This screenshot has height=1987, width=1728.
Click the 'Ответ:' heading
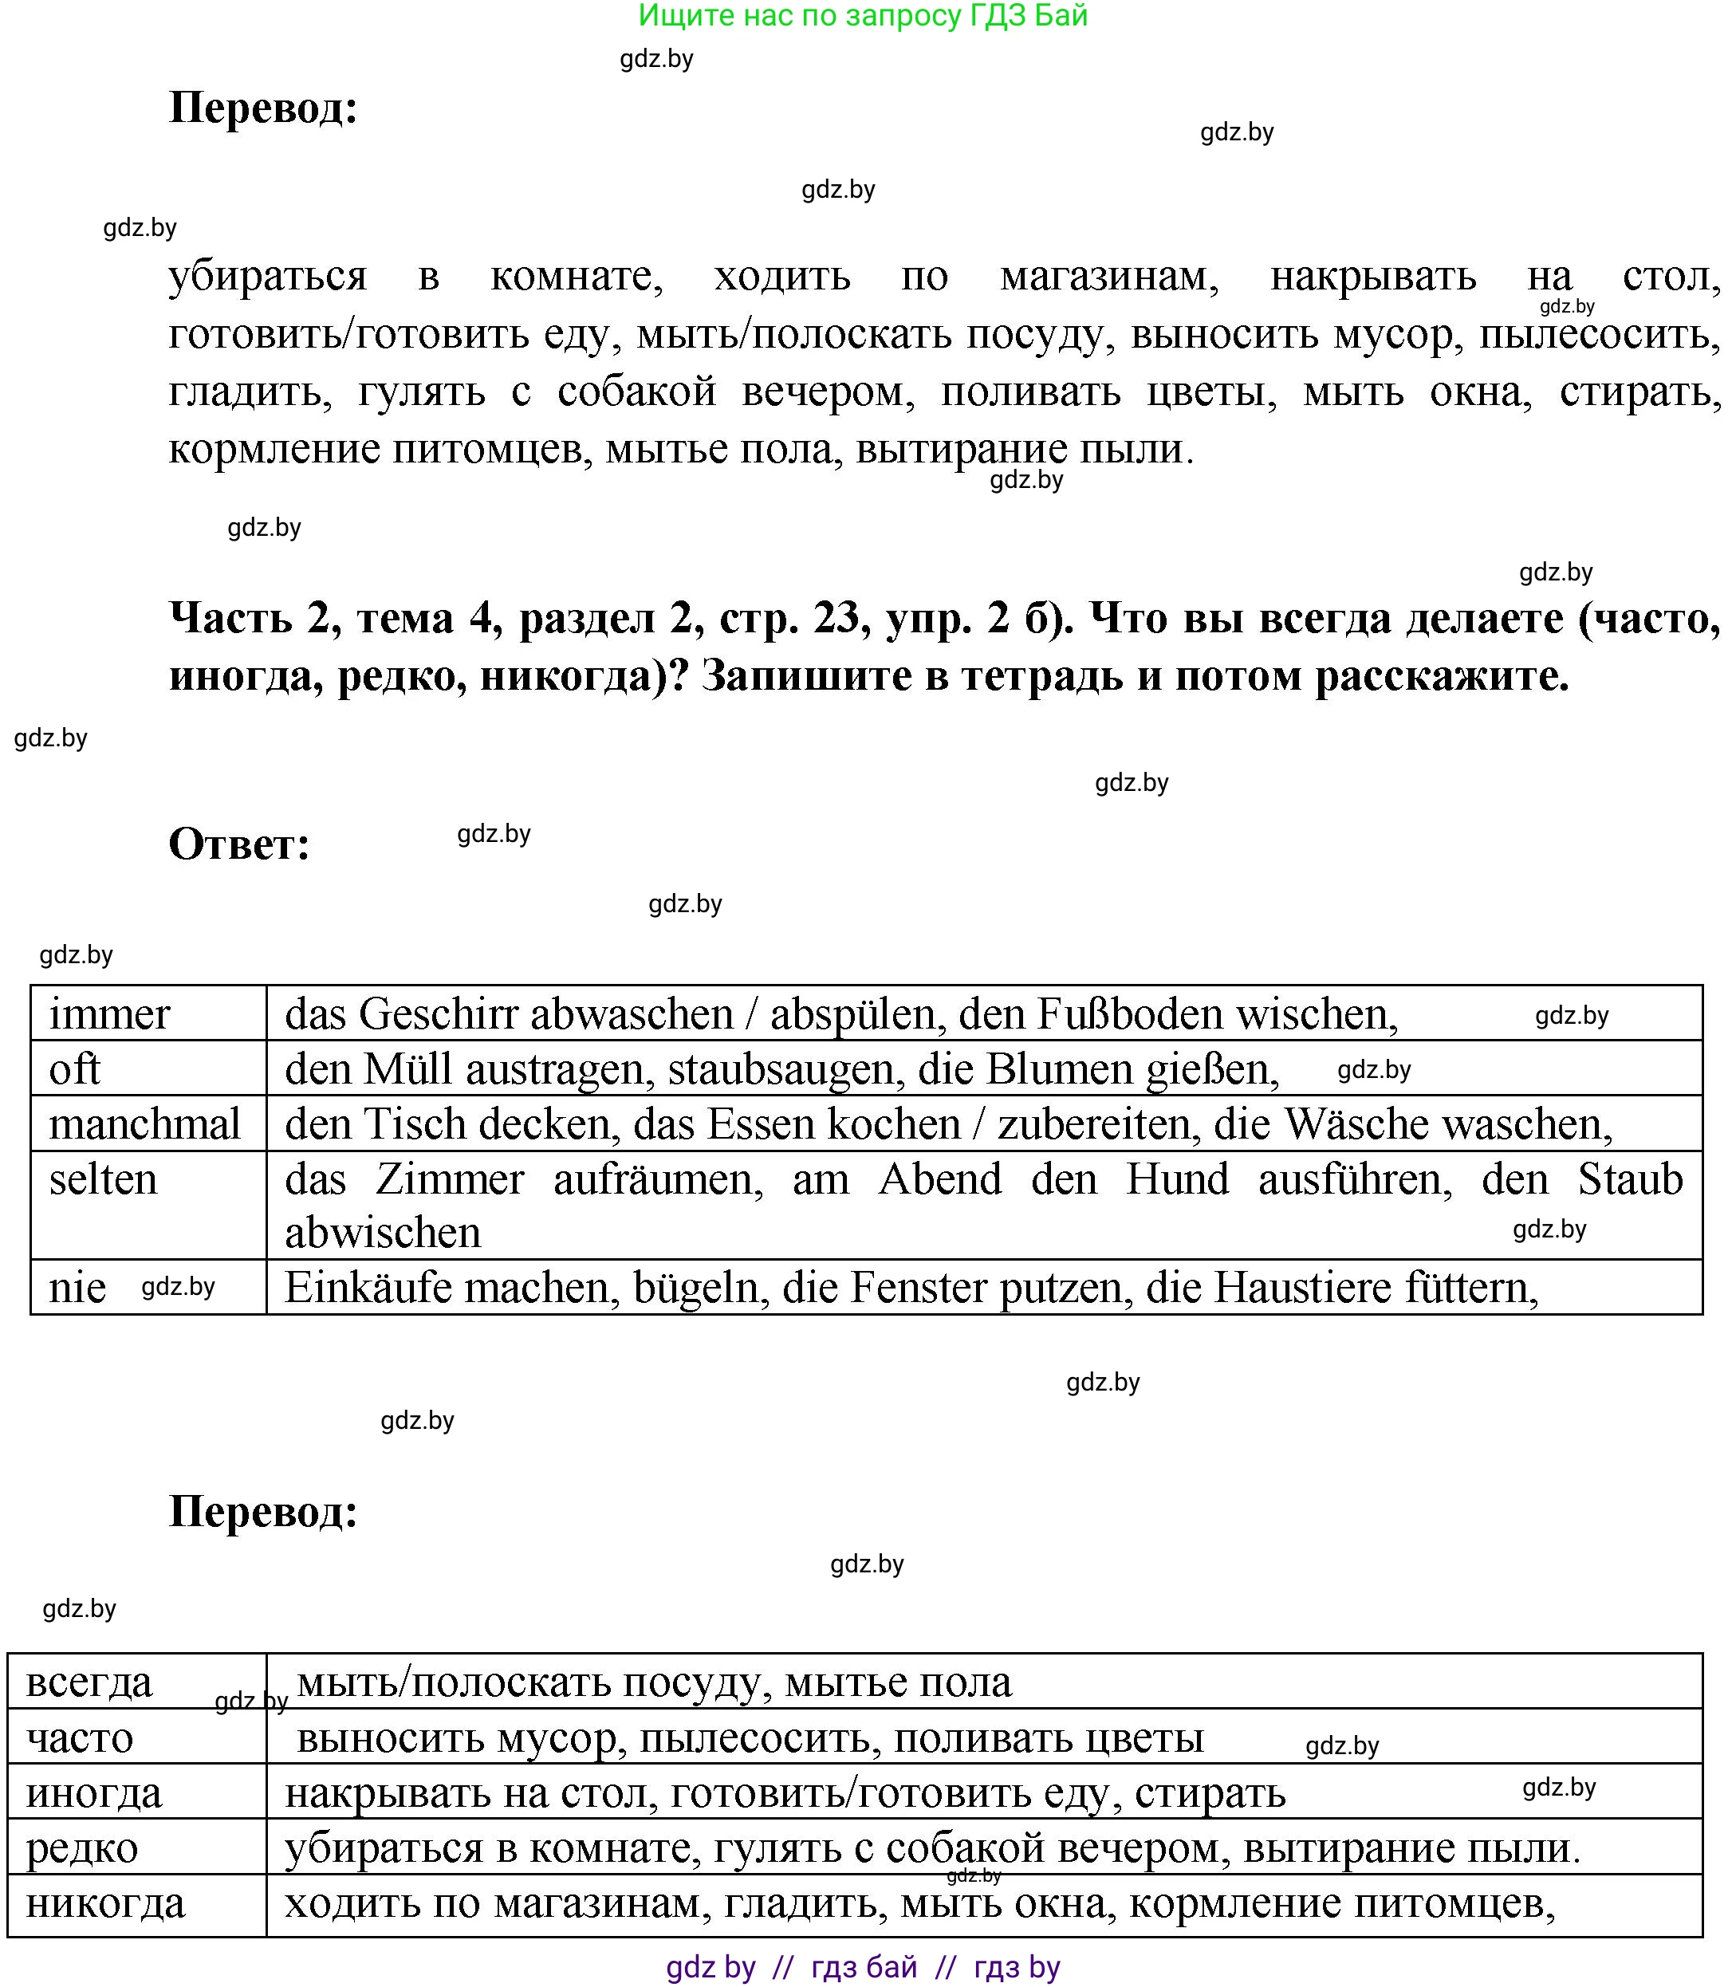239,844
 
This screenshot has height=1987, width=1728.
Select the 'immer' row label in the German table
109,1014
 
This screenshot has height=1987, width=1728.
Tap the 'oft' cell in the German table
74,1069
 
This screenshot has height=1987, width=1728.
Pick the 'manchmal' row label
144,1124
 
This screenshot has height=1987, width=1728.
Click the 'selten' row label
103,1179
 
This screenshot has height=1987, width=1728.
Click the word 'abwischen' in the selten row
383,1233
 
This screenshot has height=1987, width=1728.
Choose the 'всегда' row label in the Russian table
89,1682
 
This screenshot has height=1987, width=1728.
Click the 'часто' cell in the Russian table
80,1738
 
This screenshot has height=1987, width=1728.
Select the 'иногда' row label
95,1793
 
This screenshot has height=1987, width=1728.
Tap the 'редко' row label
82,1848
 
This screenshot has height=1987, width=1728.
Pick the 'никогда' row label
105,1903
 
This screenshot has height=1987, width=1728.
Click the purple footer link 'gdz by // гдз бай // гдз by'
863,1968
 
